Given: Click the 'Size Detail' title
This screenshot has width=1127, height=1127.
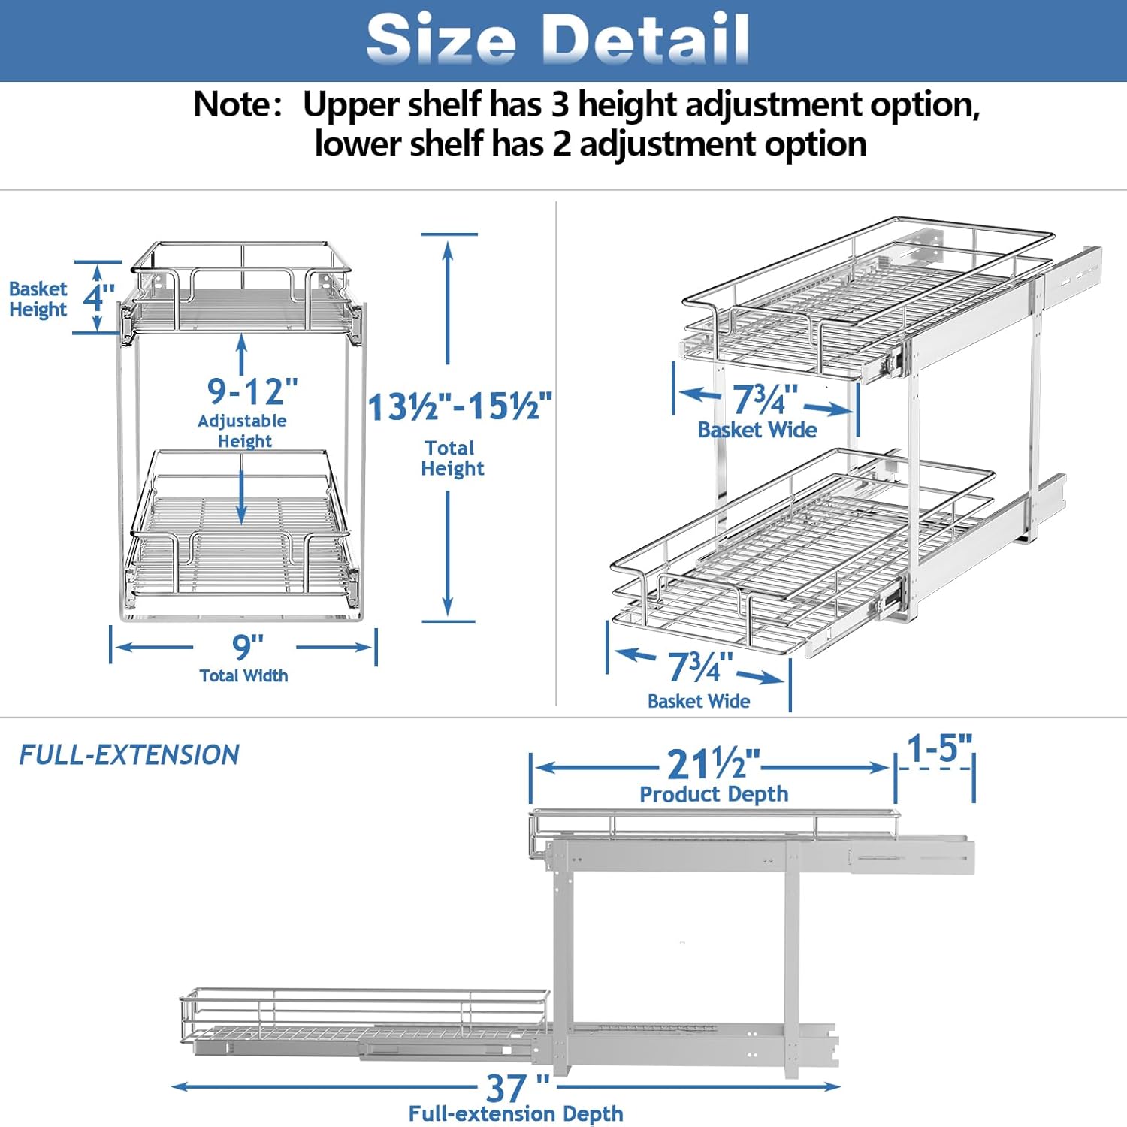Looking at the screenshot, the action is click(557, 38).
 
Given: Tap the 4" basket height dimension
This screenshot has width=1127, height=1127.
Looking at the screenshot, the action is click(99, 297).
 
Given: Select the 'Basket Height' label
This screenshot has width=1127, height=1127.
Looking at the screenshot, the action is click(38, 299).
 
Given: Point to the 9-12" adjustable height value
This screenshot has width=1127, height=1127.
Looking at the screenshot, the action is click(252, 391).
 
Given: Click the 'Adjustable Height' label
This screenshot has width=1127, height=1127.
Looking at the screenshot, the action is click(243, 431).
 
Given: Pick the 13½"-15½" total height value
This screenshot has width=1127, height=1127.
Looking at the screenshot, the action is click(460, 406).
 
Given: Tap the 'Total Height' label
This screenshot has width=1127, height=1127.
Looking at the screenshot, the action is click(452, 458).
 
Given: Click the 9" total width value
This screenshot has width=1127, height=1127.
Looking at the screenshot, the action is click(247, 645).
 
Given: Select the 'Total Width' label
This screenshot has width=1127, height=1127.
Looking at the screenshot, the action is click(243, 675).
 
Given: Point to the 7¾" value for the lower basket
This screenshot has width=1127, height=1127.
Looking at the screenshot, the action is click(700, 666).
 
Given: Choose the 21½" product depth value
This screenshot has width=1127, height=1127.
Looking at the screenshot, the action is click(714, 764).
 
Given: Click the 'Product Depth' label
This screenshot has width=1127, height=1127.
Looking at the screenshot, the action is click(714, 794).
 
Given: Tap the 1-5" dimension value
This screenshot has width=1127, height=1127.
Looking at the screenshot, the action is click(939, 748).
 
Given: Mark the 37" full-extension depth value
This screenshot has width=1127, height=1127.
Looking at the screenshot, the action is click(517, 1087).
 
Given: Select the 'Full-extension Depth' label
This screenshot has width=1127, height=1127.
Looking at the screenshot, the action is click(516, 1113).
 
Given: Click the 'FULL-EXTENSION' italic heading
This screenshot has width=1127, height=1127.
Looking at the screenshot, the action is click(129, 754).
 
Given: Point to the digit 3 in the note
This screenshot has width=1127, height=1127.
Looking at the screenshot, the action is click(560, 104).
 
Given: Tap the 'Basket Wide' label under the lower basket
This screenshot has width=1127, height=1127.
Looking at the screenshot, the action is click(699, 701).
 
